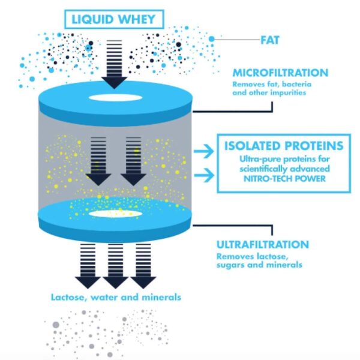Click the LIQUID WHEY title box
(114, 19)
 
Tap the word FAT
(270, 40)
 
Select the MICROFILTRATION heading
(280, 73)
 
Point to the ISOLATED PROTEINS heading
(284, 146)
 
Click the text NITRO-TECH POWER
(284, 179)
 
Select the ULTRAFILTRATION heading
(263, 245)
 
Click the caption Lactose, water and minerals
(116, 298)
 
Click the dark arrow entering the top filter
(114, 65)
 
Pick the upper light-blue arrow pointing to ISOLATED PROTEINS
(204, 151)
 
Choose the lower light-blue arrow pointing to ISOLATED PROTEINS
(204, 175)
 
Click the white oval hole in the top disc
(115, 98)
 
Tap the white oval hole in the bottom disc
(115, 214)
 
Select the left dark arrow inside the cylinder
(98, 161)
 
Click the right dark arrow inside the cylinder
(133, 161)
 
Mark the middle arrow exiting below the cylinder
(115, 266)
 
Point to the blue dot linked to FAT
(211, 39)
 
